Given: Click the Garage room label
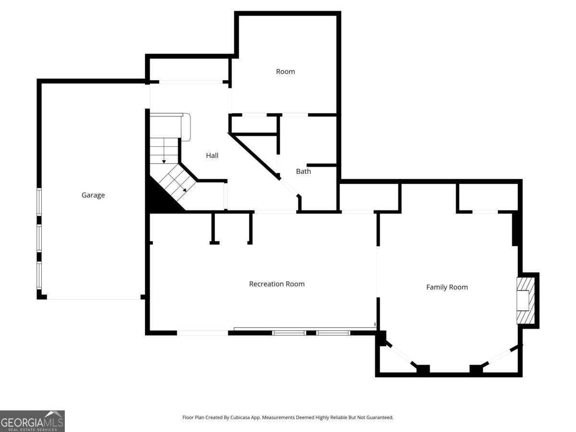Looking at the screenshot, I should [93, 195].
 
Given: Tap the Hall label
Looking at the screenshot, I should [212, 156].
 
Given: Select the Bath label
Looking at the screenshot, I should [303, 171].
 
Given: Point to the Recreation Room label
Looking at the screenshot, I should [276, 284].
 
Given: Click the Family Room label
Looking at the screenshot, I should [447, 288].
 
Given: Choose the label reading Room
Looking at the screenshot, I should [285, 72].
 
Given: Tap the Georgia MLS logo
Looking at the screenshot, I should [32, 421].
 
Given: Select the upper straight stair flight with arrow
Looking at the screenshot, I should [164, 150].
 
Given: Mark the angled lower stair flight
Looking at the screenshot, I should [178, 182].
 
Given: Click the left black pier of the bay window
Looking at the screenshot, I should [423, 370].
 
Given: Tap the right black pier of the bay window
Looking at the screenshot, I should [476, 370].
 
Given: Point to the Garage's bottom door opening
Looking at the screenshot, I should [94, 299].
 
